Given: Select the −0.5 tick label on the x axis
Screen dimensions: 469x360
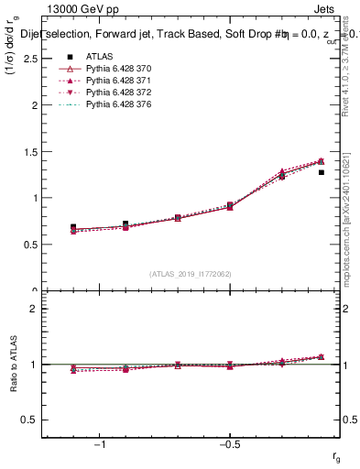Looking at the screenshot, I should [229, 446].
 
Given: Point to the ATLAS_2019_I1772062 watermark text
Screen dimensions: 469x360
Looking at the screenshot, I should [191, 274].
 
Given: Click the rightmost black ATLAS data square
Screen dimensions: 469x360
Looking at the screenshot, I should [321, 171].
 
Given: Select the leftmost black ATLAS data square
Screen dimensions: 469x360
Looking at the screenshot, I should [73, 226].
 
